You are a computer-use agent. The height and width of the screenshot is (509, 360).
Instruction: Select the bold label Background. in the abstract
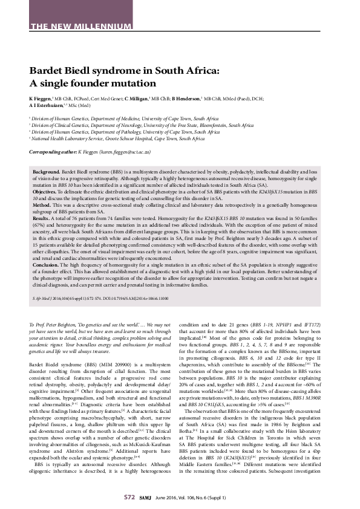[46, 172]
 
